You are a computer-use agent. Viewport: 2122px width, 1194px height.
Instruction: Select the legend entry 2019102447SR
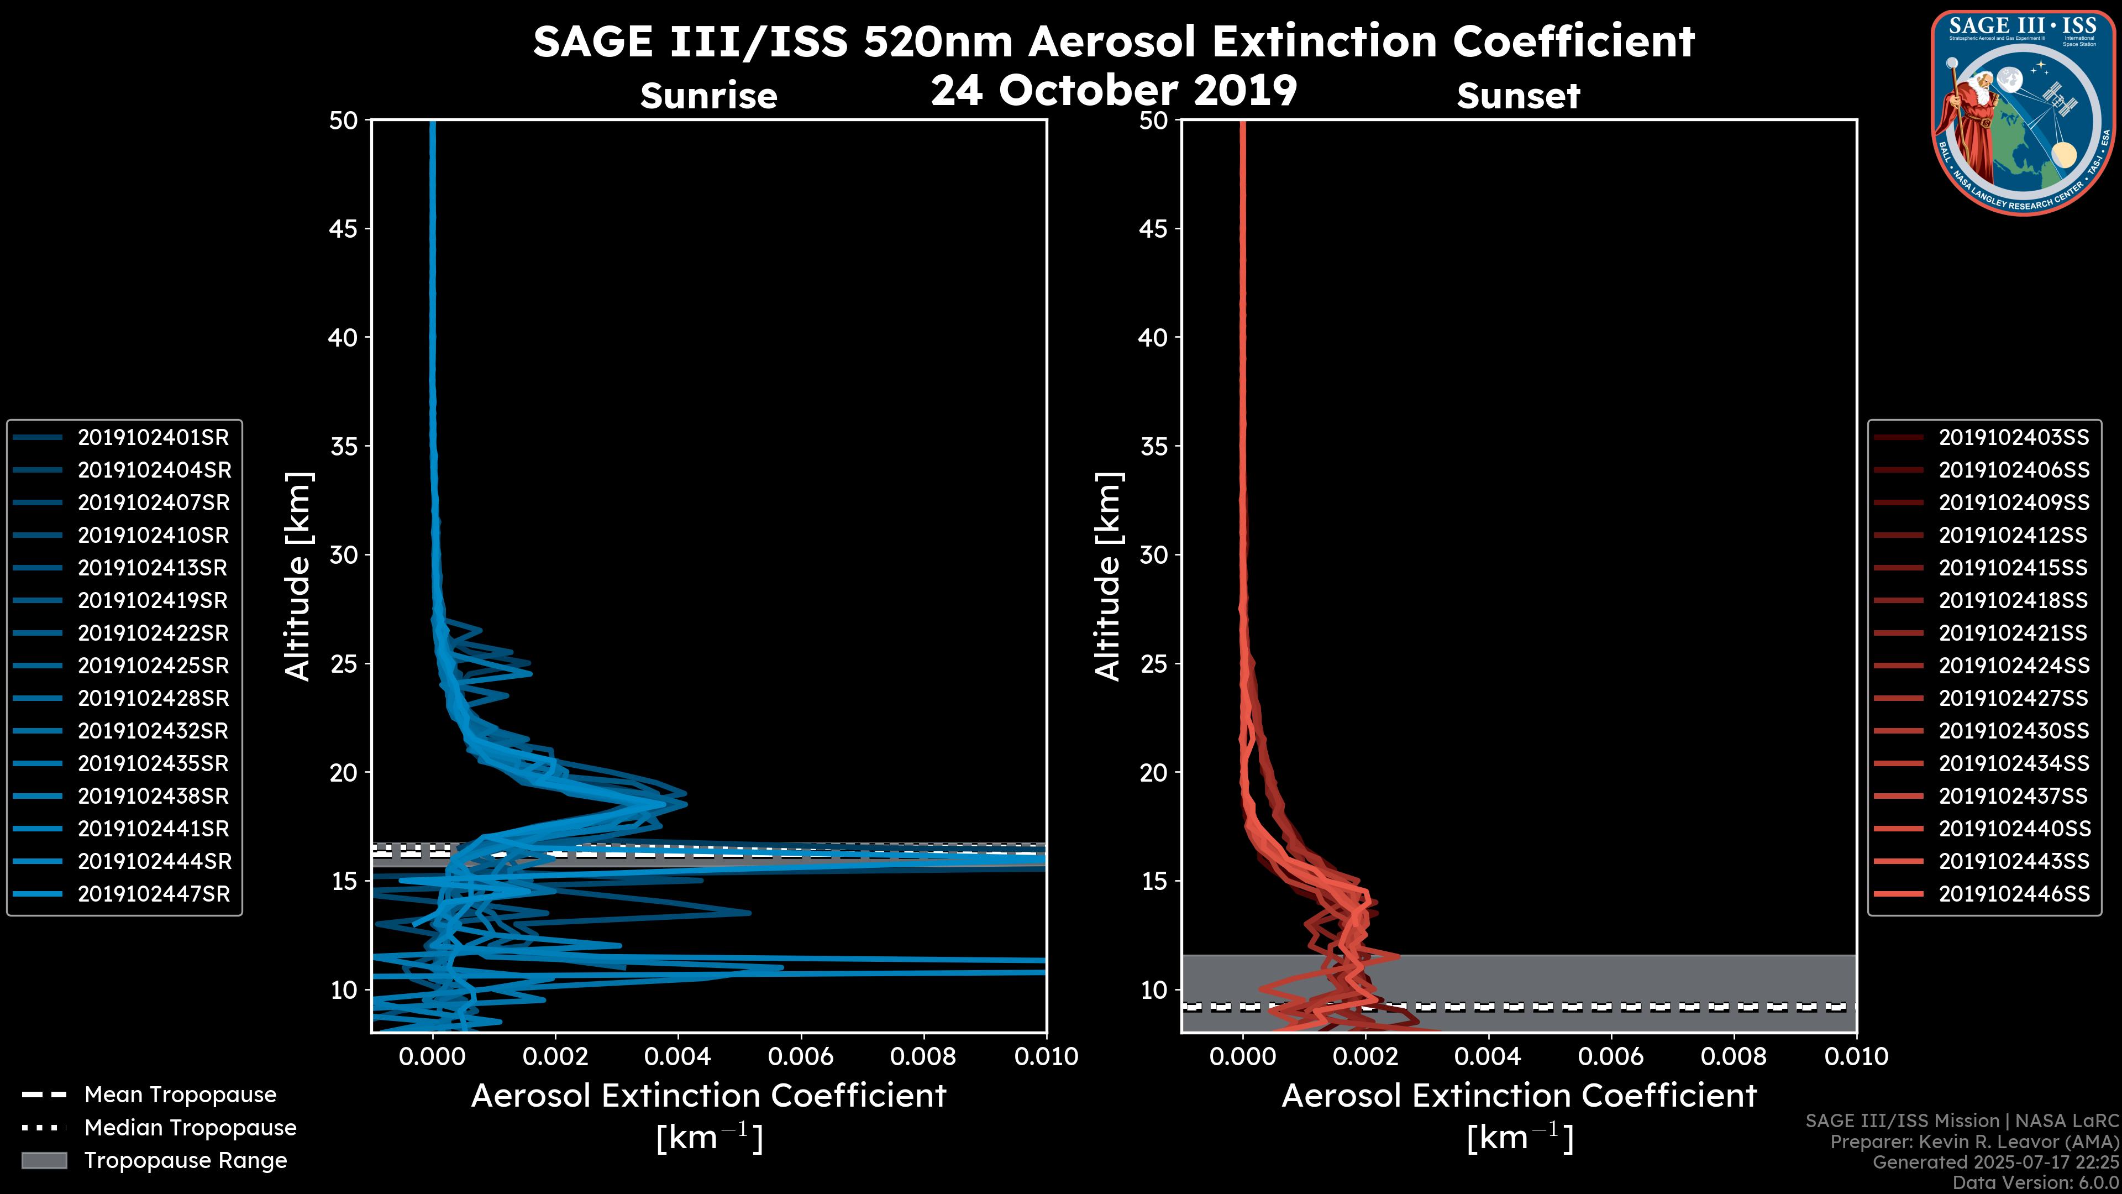click(x=153, y=894)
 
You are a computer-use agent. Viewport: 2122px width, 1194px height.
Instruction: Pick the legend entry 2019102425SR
click(x=153, y=666)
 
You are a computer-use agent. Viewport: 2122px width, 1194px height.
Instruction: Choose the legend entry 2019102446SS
click(x=2013, y=894)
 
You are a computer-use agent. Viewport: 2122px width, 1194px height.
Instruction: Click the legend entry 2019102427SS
click(x=2013, y=699)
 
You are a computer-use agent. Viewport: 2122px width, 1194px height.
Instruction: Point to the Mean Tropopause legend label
click(x=180, y=1095)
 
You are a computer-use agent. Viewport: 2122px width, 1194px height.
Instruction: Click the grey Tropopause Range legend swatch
click(x=44, y=1161)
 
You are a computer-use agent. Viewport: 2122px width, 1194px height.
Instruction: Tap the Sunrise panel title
click(x=708, y=96)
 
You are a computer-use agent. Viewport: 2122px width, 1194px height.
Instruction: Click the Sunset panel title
click(x=1518, y=96)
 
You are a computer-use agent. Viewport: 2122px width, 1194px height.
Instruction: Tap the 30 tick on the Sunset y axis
click(x=1153, y=554)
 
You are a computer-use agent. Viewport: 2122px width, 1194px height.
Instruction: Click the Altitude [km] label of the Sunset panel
click(x=1109, y=576)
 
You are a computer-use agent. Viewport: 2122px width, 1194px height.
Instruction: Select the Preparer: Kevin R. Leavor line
click(x=1974, y=1142)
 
